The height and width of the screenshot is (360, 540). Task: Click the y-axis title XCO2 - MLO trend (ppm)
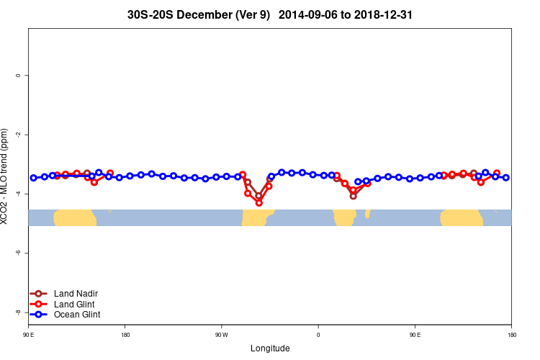point(6,177)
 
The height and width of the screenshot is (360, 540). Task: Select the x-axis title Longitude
point(270,348)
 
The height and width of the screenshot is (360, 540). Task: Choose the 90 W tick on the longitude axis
point(221,335)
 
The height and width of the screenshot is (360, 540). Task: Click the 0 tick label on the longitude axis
point(318,335)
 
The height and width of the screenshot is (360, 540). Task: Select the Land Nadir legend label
point(76,294)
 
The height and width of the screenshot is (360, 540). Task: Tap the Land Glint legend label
point(75,305)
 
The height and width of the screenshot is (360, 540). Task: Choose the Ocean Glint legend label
point(77,315)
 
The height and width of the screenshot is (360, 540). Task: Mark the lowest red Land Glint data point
point(259,203)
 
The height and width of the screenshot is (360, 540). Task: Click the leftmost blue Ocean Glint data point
point(34,178)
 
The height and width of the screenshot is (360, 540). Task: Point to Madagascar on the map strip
point(367,214)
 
